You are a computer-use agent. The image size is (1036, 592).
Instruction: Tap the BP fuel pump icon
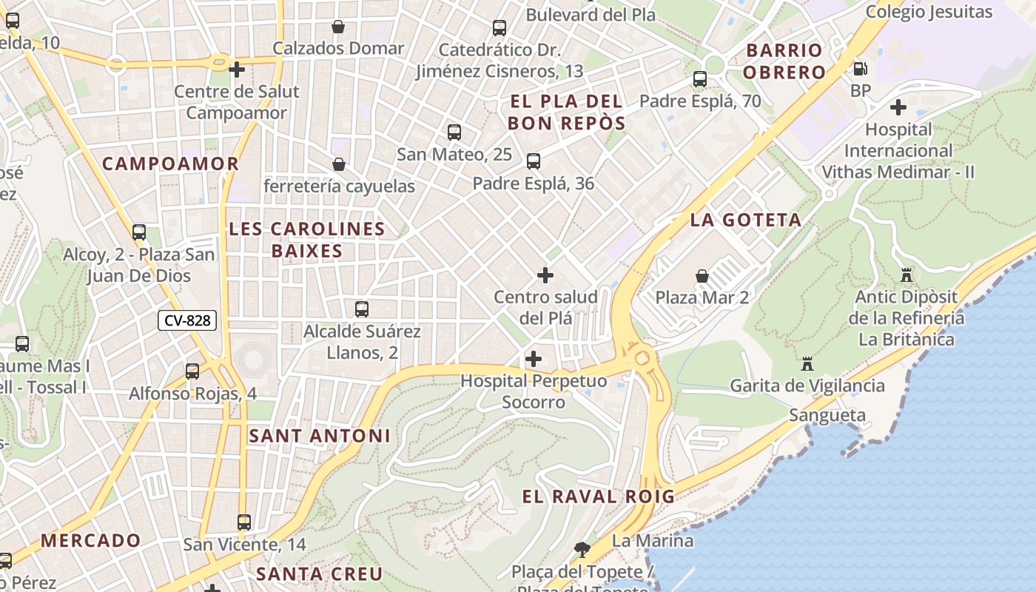[860, 69]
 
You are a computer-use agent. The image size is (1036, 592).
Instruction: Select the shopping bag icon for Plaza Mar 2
[702, 277]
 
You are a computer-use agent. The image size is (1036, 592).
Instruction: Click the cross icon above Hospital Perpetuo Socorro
[533, 360]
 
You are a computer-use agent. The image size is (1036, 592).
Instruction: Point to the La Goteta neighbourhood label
[745, 220]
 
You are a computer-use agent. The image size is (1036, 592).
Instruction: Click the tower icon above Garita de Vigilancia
[807, 364]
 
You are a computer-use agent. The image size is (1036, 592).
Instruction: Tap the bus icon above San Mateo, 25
[454, 132]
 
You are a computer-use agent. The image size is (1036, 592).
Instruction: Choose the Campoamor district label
[170, 164]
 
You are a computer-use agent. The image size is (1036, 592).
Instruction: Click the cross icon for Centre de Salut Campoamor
[237, 70]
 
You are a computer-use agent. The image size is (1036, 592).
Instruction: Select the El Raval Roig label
[598, 496]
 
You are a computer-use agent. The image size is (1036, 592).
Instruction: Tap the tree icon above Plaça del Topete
[582, 549]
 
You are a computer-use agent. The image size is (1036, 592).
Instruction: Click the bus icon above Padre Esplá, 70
[700, 79]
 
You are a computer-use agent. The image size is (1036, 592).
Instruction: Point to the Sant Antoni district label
[319, 436]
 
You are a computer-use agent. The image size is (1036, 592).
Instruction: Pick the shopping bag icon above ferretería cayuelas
[339, 164]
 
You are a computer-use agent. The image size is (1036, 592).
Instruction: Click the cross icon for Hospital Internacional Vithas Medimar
[898, 107]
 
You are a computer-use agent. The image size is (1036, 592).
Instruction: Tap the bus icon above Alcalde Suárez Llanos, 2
[362, 309]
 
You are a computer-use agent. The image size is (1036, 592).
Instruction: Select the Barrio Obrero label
[784, 61]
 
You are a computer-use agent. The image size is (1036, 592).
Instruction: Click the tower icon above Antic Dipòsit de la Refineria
[906, 275]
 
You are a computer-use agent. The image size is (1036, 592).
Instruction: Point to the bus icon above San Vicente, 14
[244, 522]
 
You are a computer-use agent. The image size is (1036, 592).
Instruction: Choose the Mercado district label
[90, 540]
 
